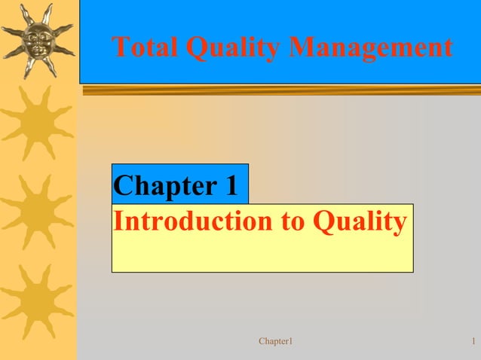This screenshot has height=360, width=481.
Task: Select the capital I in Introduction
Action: click(118, 221)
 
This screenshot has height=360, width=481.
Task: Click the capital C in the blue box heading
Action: click(122, 185)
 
